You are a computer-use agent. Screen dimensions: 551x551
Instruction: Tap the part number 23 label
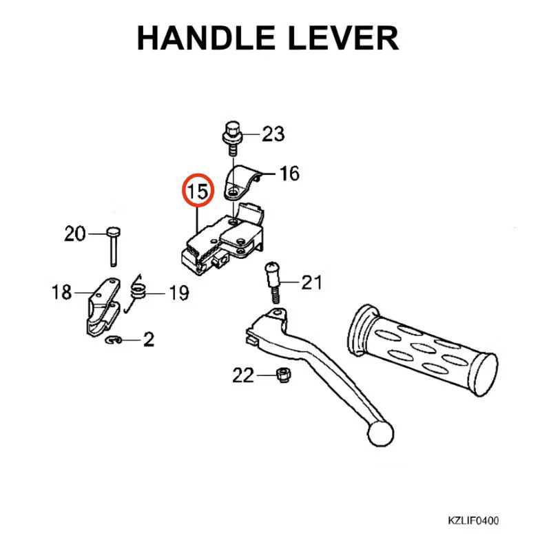[x=273, y=134]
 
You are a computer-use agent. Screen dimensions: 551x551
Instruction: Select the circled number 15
[x=198, y=191]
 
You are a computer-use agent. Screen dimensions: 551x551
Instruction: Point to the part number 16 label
[x=289, y=174]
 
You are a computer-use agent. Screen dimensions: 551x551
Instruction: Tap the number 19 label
[x=178, y=294]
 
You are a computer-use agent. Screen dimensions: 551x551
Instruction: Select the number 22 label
[x=244, y=375]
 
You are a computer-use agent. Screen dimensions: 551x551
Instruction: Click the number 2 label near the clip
[x=148, y=339]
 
